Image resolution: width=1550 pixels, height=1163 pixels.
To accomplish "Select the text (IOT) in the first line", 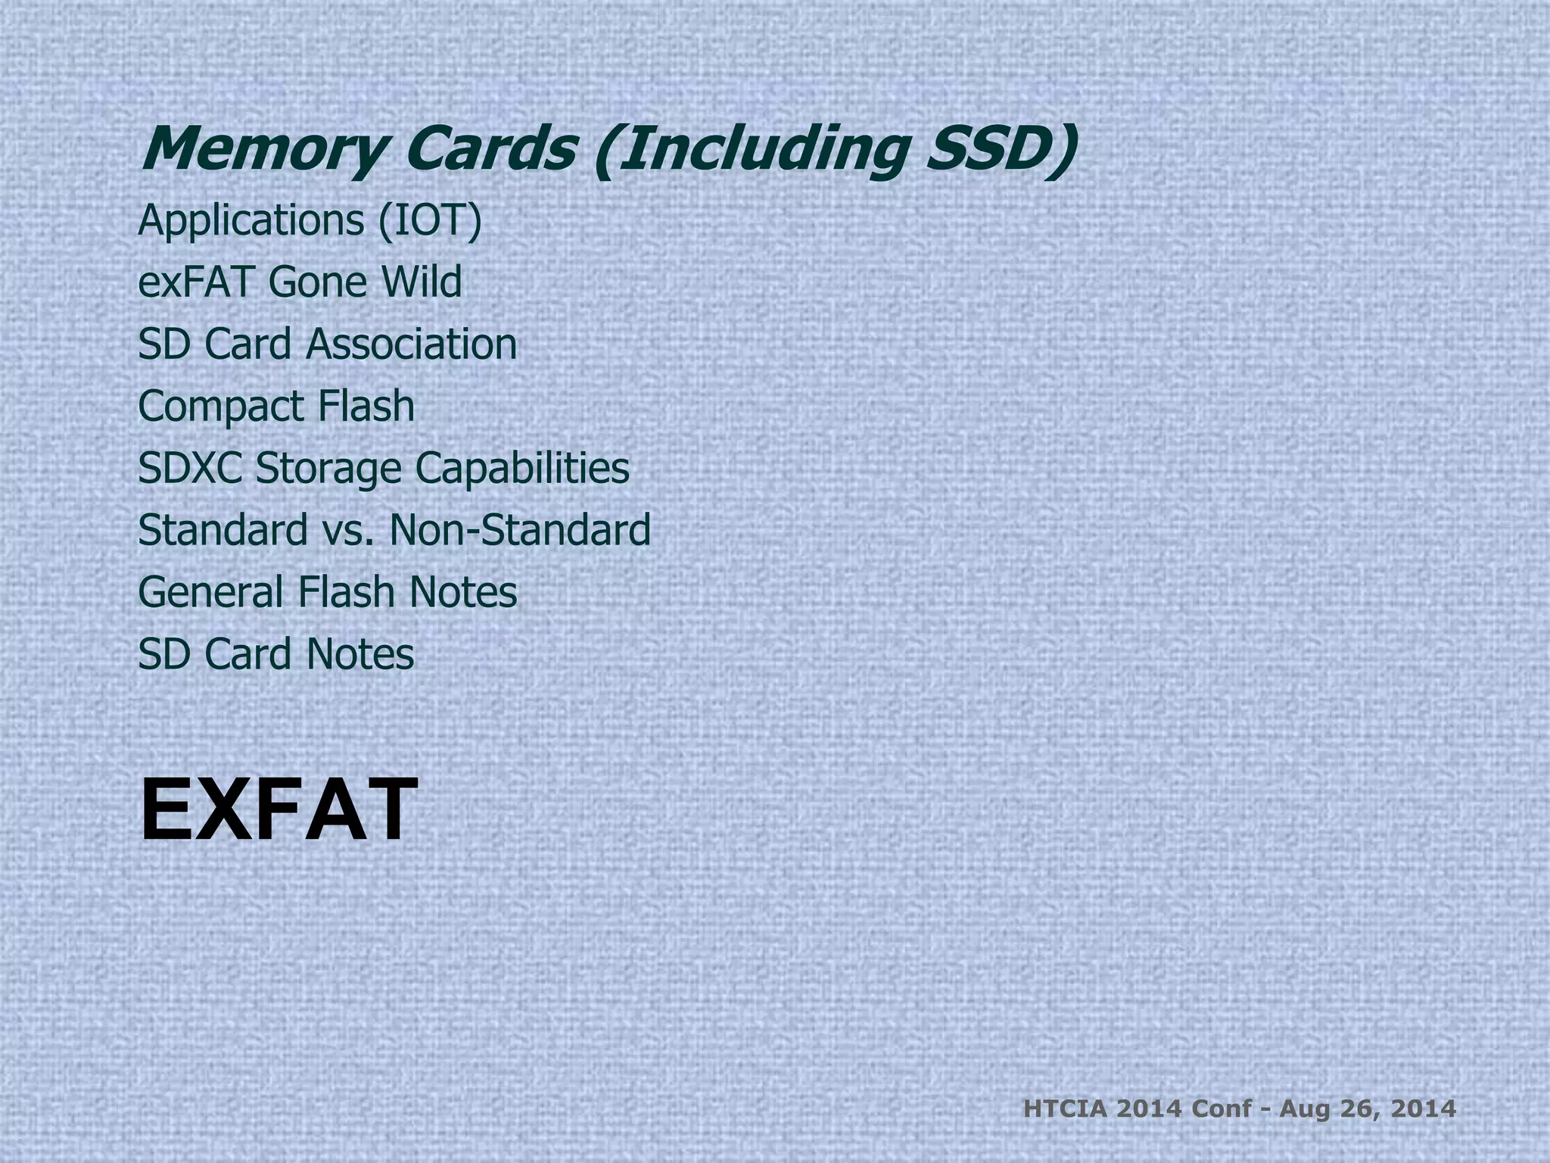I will (x=430, y=220).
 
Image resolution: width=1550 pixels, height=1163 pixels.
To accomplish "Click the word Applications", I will (x=251, y=220).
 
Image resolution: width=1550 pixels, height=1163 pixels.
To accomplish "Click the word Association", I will (x=412, y=344).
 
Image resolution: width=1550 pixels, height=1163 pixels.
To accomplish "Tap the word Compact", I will (x=222, y=407).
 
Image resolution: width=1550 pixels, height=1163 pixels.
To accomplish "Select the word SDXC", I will (x=191, y=468).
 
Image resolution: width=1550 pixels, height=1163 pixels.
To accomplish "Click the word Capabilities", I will (x=522, y=468).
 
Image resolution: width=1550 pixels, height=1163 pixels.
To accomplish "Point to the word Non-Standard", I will (x=519, y=529).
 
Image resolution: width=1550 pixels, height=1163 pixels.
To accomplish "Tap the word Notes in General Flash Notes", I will (x=463, y=591).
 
